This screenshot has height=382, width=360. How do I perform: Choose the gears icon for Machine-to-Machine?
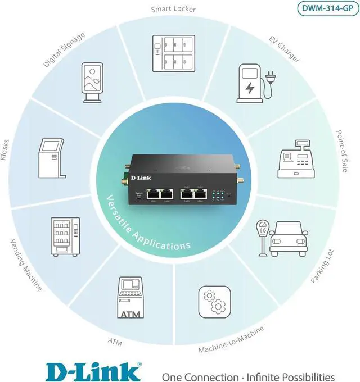214,302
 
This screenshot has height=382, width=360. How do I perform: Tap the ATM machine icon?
131,298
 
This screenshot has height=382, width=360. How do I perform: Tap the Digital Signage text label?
65,50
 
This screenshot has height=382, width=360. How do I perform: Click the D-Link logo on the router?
141,178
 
